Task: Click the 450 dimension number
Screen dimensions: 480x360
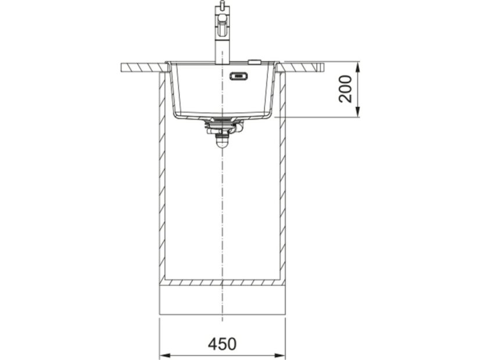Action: pyautogui.click(x=222, y=344)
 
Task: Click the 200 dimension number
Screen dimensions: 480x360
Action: pyautogui.click(x=345, y=89)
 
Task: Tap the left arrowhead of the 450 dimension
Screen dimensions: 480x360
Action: pyautogui.click(x=164, y=355)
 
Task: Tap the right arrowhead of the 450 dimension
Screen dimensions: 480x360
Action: pyautogui.click(x=280, y=355)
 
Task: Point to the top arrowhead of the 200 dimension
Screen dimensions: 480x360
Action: pyautogui.click(x=358, y=67)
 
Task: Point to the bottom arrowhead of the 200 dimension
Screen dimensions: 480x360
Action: pyautogui.click(x=358, y=112)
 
